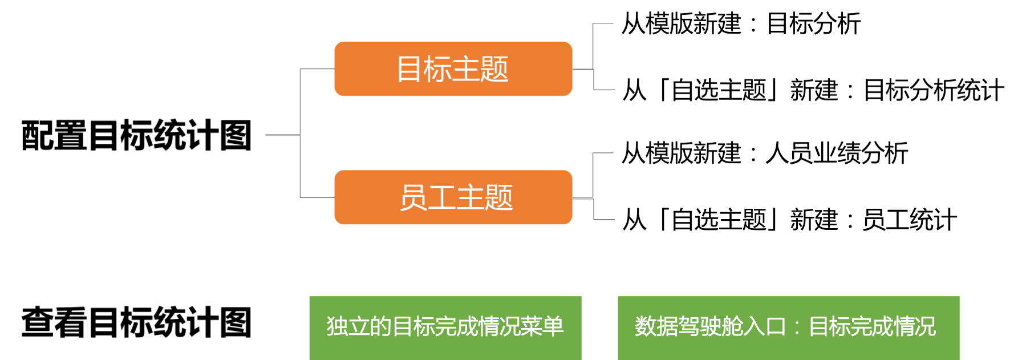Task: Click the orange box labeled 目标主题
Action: (x=453, y=68)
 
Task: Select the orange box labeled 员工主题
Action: (x=453, y=197)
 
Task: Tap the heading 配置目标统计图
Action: (x=137, y=135)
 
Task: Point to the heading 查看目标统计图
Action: (x=137, y=322)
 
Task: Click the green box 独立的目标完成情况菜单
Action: (x=445, y=327)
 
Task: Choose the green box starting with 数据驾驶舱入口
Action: (x=789, y=327)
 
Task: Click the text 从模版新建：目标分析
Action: (x=741, y=24)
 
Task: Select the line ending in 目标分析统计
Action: (x=813, y=90)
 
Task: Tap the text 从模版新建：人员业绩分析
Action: (x=765, y=153)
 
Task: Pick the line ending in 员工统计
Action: (x=790, y=220)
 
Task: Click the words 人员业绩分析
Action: (x=837, y=153)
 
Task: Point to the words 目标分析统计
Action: (x=934, y=90)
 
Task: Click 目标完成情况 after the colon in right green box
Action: (x=873, y=327)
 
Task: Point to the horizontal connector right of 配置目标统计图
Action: (x=283, y=135)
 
